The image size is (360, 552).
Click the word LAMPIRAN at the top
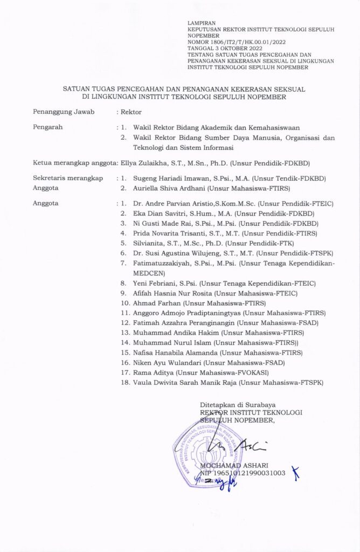tap(197, 23)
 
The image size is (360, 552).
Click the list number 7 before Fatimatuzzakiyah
tap(123, 263)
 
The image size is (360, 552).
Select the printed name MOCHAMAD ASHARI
tap(234, 465)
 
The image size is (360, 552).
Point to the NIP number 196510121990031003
tap(248, 473)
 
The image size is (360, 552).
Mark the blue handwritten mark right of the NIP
tap(295, 472)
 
